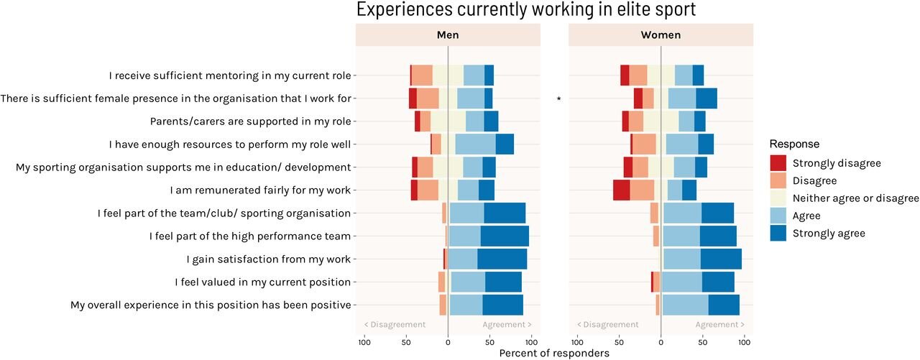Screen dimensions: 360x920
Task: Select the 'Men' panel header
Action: coord(448,34)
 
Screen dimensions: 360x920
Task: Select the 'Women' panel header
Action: coord(661,34)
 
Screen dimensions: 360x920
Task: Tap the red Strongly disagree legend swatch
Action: coord(778,163)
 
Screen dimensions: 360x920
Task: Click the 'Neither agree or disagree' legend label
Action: coord(855,198)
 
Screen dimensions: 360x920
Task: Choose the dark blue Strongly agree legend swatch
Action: coord(778,233)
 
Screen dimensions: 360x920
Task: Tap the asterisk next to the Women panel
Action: coord(558,99)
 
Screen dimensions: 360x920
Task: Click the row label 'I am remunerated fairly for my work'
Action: coord(260,190)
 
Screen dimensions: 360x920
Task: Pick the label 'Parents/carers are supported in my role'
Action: coord(250,121)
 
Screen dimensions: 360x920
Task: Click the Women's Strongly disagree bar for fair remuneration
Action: coord(621,190)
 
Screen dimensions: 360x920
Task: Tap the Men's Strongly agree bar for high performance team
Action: coord(505,236)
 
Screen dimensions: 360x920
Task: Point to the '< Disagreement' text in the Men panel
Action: coord(395,325)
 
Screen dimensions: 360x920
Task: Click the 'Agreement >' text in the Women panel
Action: coord(719,325)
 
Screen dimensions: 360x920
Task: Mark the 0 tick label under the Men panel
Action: coord(448,342)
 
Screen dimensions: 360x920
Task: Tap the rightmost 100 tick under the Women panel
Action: coord(745,342)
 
